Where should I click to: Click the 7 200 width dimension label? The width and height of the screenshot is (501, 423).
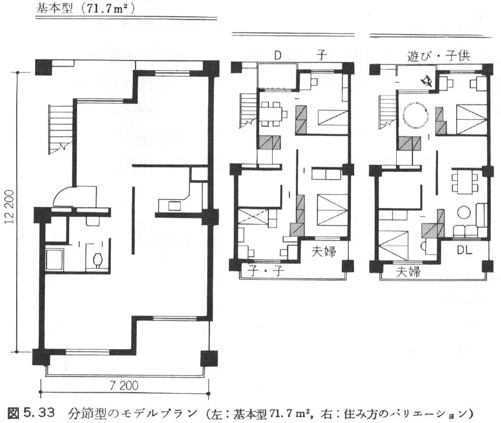tap(124, 385)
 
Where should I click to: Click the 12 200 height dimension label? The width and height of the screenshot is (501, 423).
tap(10, 207)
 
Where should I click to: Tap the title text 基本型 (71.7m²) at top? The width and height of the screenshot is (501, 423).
tap(85, 9)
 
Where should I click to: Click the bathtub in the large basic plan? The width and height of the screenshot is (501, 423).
tap(55, 260)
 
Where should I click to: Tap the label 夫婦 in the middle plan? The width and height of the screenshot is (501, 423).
tap(324, 252)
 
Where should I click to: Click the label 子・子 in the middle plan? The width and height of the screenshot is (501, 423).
tap(266, 271)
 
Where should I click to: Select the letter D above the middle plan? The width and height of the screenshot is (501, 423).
tap(277, 56)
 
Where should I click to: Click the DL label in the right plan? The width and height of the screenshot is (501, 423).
tap(464, 250)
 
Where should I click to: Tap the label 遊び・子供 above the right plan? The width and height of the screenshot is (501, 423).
tap(438, 56)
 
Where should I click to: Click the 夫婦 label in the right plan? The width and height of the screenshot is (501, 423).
tap(408, 272)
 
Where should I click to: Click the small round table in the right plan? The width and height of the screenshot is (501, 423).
tap(464, 212)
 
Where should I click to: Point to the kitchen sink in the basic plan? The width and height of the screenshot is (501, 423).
tap(174, 206)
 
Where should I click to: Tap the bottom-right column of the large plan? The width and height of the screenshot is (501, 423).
tap(209, 358)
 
